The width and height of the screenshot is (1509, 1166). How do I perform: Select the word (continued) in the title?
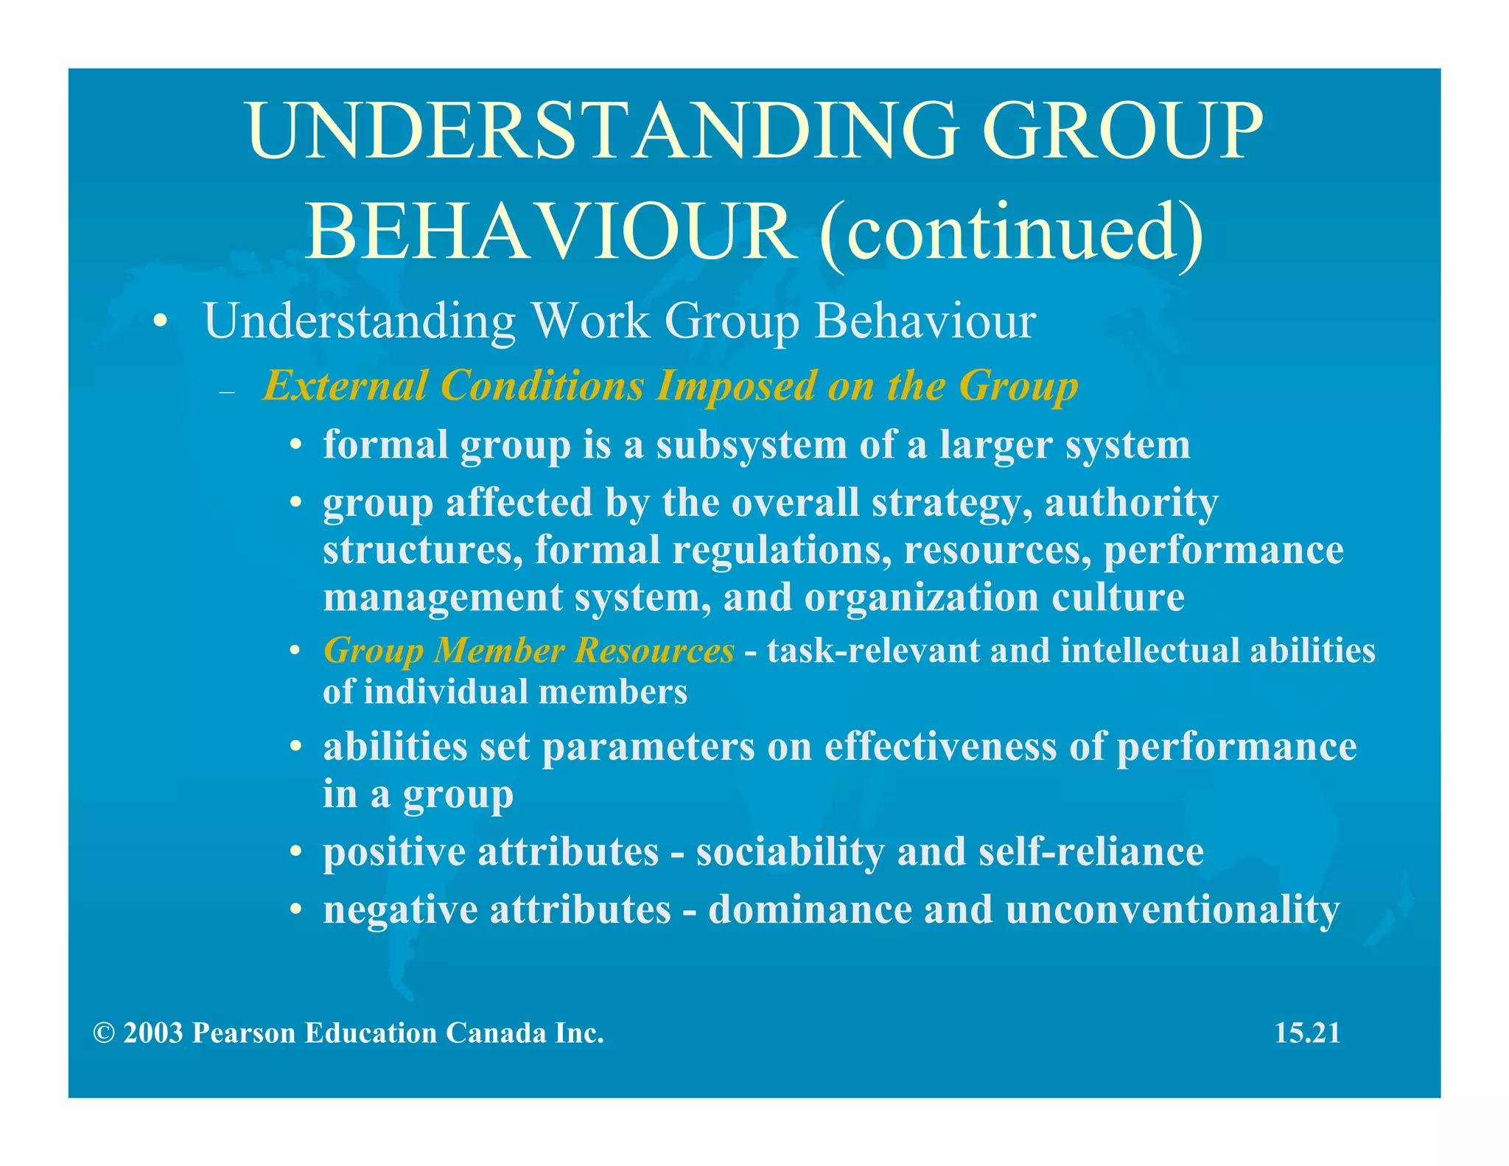1011,231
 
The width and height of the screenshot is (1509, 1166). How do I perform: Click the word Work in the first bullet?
590,321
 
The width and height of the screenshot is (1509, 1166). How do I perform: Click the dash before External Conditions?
227,392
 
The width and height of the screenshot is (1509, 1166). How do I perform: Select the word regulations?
782,550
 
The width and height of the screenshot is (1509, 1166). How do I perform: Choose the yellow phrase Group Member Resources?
528,651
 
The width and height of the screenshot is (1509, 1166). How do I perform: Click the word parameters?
648,747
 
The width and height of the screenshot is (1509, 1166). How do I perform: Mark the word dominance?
810,909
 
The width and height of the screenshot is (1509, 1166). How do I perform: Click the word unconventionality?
1172,910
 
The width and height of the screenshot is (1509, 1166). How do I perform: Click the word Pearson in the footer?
244,1033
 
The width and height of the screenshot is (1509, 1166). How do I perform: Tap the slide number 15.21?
1307,1033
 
